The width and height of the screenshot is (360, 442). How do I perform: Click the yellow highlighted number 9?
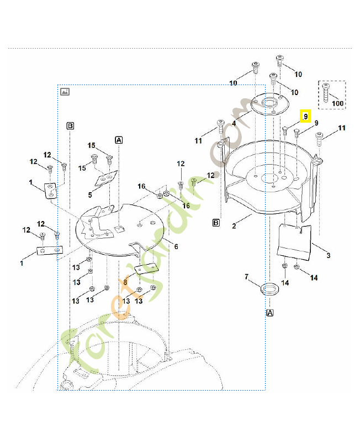[x=305, y=117]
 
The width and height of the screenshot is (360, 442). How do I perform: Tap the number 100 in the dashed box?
[x=337, y=103]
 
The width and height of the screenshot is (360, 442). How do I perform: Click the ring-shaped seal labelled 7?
[x=269, y=288]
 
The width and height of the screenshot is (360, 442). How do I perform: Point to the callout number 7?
[x=247, y=276]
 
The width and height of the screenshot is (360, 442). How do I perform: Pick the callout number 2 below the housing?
[x=234, y=226]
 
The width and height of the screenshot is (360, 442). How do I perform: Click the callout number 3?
[x=329, y=255]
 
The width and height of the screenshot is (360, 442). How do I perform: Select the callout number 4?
[x=234, y=123]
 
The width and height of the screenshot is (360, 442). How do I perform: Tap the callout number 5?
[x=90, y=194]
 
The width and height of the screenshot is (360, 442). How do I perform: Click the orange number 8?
[x=125, y=281]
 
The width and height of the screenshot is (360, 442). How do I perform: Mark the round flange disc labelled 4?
[x=267, y=103]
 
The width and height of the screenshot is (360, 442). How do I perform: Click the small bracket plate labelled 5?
[x=106, y=178]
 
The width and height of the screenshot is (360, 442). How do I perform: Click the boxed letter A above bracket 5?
[x=118, y=140]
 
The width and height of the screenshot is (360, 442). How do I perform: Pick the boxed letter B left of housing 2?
[x=217, y=223]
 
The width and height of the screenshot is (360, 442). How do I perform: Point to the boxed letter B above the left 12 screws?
[x=70, y=125]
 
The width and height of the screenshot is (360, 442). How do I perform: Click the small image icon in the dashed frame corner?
[x=65, y=91]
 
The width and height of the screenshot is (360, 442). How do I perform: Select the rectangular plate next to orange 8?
[x=146, y=269]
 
